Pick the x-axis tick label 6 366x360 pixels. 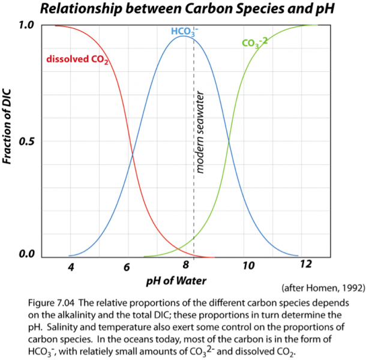127,266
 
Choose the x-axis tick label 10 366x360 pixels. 247,266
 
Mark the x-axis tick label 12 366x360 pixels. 305,266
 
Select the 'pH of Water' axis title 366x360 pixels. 179,280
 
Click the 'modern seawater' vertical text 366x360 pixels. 200,132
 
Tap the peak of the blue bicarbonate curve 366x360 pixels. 184,37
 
